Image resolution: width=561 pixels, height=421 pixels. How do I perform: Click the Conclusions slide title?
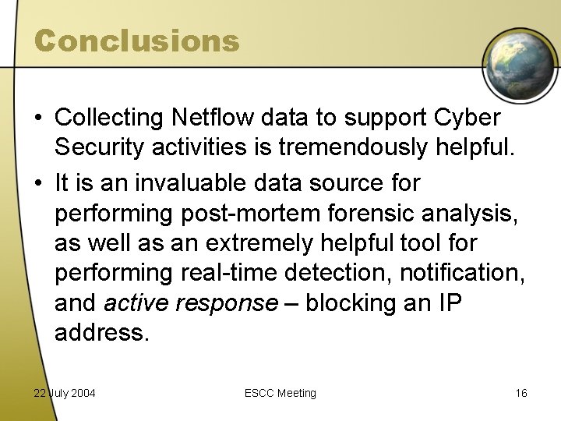[136, 41]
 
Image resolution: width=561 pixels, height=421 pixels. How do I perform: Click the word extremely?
[255, 242]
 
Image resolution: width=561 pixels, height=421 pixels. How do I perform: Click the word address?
[101, 333]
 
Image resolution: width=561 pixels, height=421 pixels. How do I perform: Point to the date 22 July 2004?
[65, 393]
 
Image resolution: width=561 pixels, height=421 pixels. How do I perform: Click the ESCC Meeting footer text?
[280, 393]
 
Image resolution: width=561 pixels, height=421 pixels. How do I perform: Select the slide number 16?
[520, 393]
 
